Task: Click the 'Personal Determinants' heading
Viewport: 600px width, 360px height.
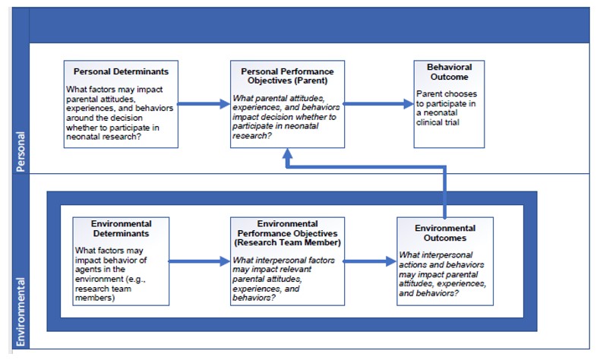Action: point(121,71)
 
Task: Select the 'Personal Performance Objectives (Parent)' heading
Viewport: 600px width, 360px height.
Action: point(287,76)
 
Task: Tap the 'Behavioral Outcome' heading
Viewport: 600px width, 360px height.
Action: point(449,72)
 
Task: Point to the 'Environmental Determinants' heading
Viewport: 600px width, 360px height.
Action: point(121,229)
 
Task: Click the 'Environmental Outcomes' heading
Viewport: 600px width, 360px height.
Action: point(445,233)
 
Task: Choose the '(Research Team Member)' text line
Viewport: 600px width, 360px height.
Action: point(287,242)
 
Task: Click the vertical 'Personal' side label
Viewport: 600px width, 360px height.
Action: point(21,151)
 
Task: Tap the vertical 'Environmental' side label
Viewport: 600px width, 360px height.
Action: point(21,311)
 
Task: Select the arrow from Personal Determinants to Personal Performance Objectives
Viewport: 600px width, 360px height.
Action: point(204,104)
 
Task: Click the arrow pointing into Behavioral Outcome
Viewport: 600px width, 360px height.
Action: point(379,104)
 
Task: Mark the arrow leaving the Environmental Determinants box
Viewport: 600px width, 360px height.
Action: point(199,261)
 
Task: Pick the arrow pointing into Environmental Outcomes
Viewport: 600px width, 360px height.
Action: point(370,261)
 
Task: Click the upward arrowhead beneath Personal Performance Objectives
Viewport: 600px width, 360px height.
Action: point(287,153)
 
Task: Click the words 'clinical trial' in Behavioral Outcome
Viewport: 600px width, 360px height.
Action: point(437,122)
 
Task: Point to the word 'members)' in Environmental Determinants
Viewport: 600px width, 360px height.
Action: point(95,298)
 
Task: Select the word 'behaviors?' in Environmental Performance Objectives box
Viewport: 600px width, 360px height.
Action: point(254,298)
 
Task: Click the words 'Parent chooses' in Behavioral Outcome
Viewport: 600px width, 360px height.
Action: point(447,93)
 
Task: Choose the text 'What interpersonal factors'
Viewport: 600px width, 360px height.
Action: point(283,261)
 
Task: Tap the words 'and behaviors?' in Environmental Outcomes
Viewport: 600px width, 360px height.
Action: point(428,293)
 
